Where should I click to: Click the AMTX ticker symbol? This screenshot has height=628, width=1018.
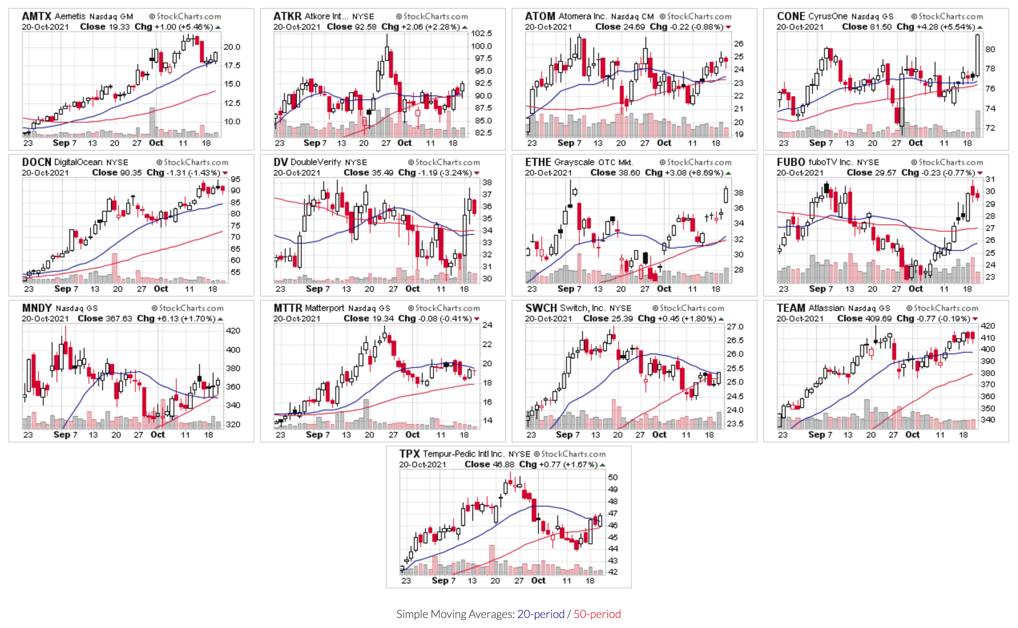36,16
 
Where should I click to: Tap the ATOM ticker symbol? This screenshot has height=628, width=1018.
540,16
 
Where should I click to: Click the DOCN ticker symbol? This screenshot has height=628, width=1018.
36,162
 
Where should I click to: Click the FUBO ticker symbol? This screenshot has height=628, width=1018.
790,162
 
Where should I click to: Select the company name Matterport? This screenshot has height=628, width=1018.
324,308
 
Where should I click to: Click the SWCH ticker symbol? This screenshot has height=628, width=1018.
540,308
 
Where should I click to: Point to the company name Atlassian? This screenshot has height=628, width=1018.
826,308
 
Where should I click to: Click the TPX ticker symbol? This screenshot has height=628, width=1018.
409,454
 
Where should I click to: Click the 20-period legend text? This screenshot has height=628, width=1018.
540,614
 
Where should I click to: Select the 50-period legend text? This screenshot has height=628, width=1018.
597,614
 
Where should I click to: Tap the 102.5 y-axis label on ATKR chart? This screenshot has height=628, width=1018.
481,33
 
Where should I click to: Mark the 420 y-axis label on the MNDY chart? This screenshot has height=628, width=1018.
233,331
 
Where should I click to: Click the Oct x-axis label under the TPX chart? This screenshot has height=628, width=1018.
538,580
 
